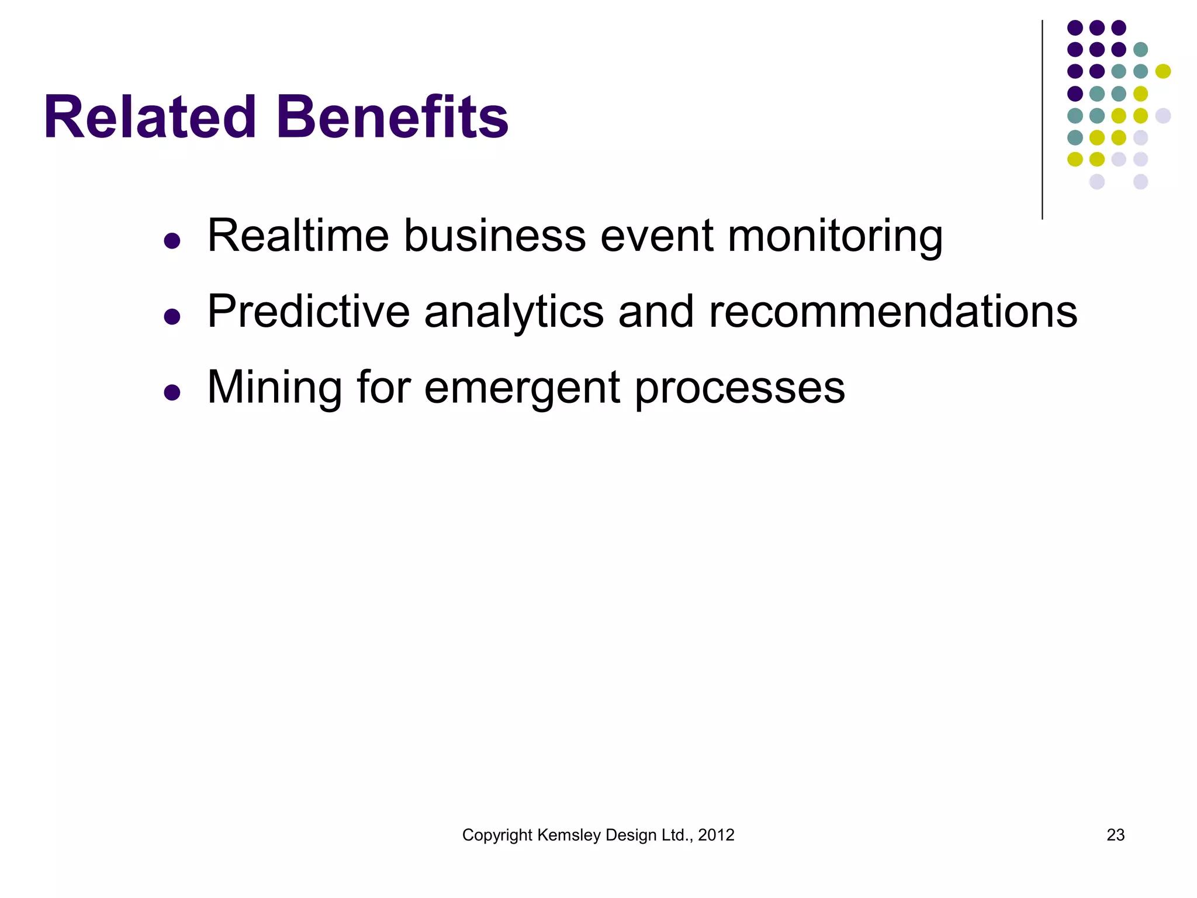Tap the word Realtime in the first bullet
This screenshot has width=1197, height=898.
298,236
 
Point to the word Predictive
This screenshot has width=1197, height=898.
309,311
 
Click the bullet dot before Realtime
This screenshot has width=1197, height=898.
172,241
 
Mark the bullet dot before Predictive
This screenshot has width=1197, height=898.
172,316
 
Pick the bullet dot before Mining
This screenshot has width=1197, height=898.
172,392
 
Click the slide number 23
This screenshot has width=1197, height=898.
1115,835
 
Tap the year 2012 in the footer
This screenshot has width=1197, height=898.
716,835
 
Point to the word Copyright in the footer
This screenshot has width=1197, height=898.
497,835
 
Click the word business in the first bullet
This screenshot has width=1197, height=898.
494,236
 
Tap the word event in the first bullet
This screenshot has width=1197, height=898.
656,236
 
